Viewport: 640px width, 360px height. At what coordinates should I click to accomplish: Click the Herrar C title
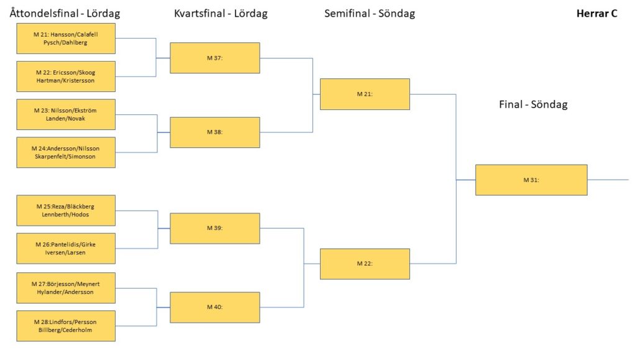pyautogui.click(x=597, y=14)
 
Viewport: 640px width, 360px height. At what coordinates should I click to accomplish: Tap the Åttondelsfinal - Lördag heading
pyautogui.click(x=65, y=13)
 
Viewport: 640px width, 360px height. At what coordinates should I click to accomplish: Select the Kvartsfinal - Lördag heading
pyautogui.click(x=221, y=14)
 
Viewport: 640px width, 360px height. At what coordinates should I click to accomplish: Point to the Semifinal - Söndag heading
pyautogui.click(x=369, y=14)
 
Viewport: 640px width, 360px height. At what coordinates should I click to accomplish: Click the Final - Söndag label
pyautogui.click(x=533, y=104)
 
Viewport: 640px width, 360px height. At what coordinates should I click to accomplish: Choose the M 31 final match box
pyautogui.click(x=531, y=180)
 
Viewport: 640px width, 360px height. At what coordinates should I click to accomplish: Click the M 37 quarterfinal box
pyautogui.click(x=215, y=58)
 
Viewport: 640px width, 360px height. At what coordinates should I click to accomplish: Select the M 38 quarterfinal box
pyautogui.click(x=215, y=132)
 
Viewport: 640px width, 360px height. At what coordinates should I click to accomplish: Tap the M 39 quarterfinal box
pyautogui.click(x=215, y=228)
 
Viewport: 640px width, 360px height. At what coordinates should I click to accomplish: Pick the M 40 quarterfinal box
pyautogui.click(x=215, y=307)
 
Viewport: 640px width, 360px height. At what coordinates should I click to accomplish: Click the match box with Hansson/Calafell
pyautogui.click(x=66, y=39)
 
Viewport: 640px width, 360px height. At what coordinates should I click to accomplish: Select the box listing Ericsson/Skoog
pyautogui.click(x=66, y=76)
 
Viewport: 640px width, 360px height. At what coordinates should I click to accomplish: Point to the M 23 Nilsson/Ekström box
pyautogui.click(x=66, y=114)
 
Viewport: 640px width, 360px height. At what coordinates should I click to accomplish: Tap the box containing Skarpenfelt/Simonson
pyautogui.click(x=66, y=152)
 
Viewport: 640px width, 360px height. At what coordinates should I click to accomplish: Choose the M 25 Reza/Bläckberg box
pyautogui.click(x=66, y=210)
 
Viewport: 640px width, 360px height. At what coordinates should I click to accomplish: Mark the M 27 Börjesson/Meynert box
pyautogui.click(x=66, y=288)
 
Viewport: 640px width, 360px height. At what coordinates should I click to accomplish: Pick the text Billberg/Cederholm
pyautogui.click(x=65, y=330)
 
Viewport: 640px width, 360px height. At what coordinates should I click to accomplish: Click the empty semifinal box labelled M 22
pyautogui.click(x=365, y=264)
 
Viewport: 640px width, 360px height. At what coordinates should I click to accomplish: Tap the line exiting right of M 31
pyautogui.click(x=608, y=180)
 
